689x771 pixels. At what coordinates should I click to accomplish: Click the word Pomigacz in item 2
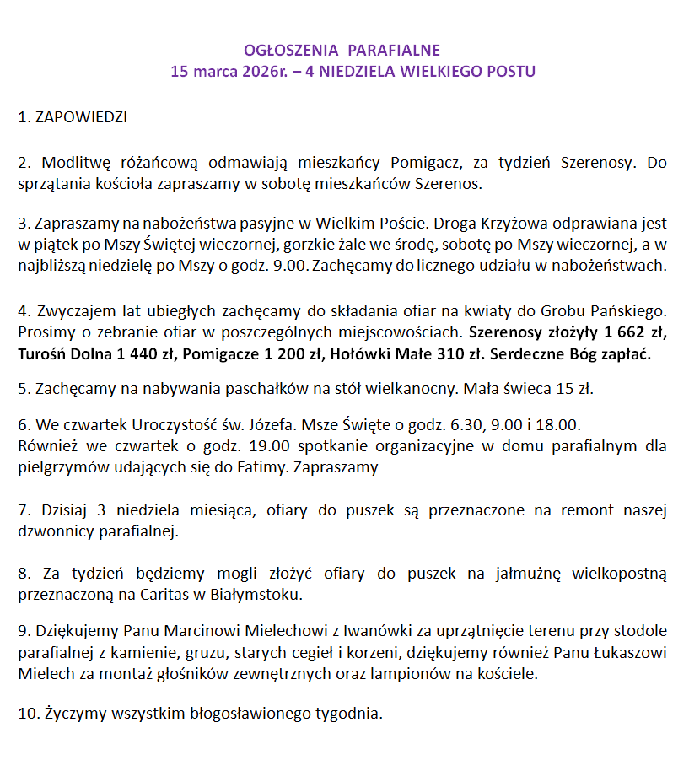pos(423,162)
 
